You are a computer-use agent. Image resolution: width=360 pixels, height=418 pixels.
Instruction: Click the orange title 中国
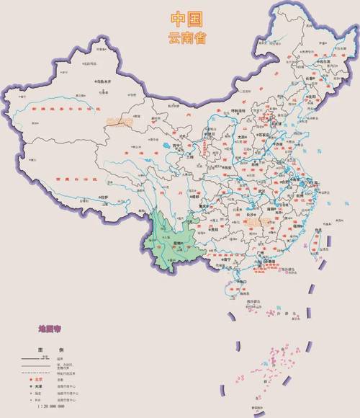[186, 18]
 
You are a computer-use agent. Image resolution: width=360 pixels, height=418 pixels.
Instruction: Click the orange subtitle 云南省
[186, 37]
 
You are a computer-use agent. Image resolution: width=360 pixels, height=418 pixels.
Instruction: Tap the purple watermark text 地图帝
[52, 328]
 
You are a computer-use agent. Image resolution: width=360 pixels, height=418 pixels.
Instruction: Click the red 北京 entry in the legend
[38, 378]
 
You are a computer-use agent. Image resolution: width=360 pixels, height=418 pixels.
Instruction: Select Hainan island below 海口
[238, 290]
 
